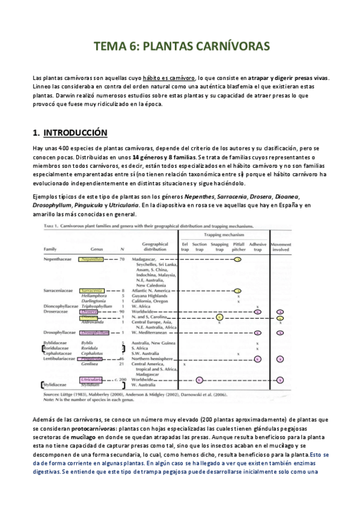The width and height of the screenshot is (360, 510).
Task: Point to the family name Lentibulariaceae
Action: [59, 358]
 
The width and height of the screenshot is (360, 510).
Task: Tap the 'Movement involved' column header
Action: [280, 246]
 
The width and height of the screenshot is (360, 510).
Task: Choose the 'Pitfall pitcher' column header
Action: [239, 246]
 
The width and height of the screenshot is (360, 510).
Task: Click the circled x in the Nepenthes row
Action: [239, 259]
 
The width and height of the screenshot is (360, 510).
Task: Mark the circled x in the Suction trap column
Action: [200, 380]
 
